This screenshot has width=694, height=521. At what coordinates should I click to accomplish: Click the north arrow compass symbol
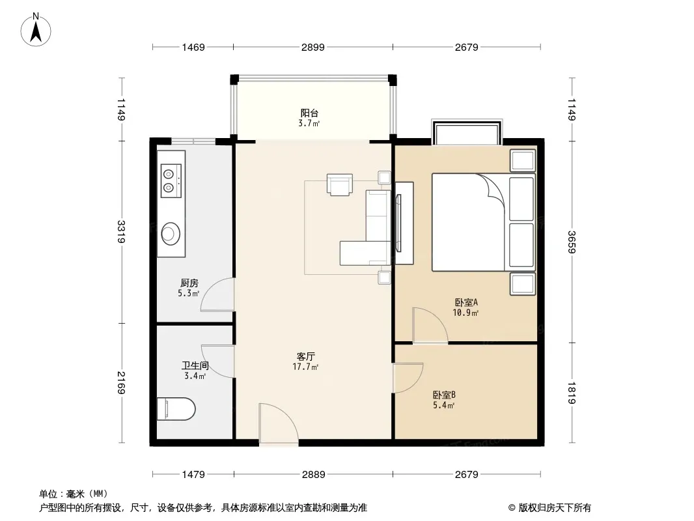click(36, 30)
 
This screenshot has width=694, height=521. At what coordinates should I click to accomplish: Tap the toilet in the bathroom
click(176, 408)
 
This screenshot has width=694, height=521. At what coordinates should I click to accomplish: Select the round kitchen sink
click(171, 233)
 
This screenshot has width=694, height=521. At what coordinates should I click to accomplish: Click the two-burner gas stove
click(171, 180)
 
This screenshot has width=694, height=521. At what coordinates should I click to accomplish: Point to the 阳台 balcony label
click(309, 113)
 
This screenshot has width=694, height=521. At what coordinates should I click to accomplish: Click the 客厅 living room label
click(305, 356)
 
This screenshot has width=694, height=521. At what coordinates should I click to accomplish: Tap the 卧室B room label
click(444, 395)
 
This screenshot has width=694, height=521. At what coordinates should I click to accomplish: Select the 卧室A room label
click(466, 302)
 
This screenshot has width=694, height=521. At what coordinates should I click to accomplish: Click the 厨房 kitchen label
click(189, 283)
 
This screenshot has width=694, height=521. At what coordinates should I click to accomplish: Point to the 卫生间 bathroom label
click(195, 365)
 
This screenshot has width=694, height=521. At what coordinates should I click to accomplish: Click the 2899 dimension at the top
click(313, 47)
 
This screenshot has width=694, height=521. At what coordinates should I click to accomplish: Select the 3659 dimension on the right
click(572, 242)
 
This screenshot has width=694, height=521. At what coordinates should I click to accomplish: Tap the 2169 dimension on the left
click(121, 382)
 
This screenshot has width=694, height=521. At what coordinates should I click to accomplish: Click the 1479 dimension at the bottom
click(193, 475)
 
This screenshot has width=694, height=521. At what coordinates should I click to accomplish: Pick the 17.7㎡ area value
click(305, 367)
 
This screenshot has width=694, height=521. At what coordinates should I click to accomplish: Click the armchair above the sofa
click(339, 184)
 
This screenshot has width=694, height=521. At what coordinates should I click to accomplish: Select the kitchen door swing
click(217, 295)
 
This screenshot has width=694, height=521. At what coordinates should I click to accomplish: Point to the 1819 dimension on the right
click(572, 393)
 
